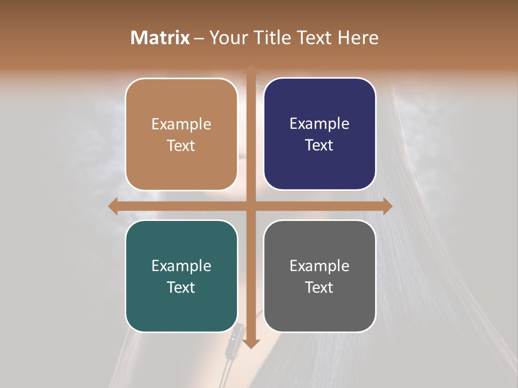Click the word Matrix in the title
pyautogui.click(x=160, y=38)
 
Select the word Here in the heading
pyautogui.click(x=358, y=38)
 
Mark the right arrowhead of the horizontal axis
pyautogui.click(x=387, y=206)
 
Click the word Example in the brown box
pyautogui.click(x=181, y=124)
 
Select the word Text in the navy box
pyautogui.click(x=319, y=145)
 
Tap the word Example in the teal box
pyautogui.click(x=181, y=266)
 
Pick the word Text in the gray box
pyautogui.click(x=319, y=287)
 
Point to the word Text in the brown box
pyautogui.click(x=181, y=146)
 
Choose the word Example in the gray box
pyautogui.click(x=319, y=266)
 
